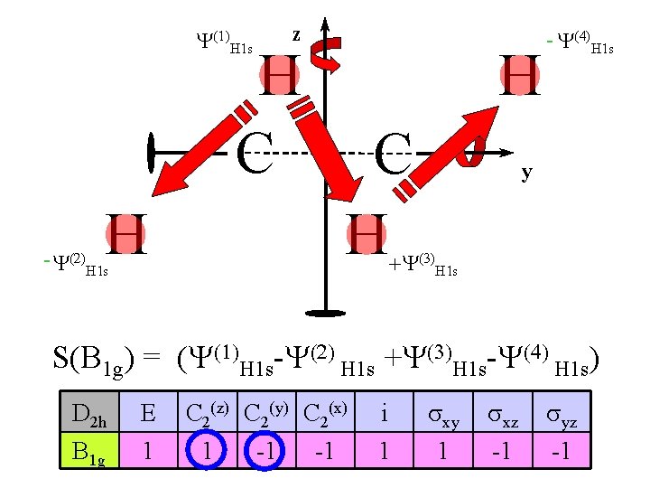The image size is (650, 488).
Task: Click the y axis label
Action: pyautogui.click(x=525, y=172)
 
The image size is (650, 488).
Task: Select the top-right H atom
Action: pyautogui.click(x=521, y=75)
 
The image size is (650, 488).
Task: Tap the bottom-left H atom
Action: pyautogui.click(x=125, y=235)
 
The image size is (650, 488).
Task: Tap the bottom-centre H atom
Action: pyautogui.click(x=367, y=235)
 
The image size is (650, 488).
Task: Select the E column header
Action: pyautogui.click(x=148, y=417)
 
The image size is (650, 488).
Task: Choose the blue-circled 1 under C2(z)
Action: pyautogui.click(x=208, y=450)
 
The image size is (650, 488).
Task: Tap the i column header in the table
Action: pyautogui.click(x=384, y=417)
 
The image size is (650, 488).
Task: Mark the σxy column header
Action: pyautogui.click(x=442, y=417)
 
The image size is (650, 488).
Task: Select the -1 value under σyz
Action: pyautogui.click(x=561, y=450)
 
